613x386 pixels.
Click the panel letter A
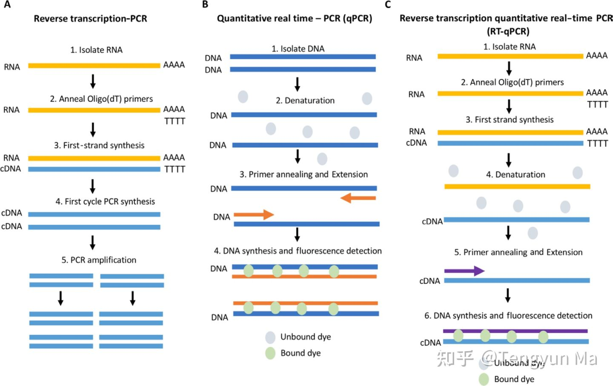(x=7, y=5)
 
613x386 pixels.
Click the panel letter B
(x=205, y=5)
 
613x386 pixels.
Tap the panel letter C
(x=387, y=5)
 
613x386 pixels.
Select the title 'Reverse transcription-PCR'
(x=90, y=19)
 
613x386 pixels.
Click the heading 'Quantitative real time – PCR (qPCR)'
(x=294, y=19)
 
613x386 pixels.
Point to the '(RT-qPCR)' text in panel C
(x=508, y=31)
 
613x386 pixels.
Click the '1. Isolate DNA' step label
(x=298, y=49)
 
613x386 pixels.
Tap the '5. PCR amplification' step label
(x=99, y=260)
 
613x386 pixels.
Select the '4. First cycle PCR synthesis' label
(x=105, y=201)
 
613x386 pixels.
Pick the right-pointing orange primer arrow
(x=254, y=214)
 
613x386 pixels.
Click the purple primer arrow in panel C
(x=464, y=271)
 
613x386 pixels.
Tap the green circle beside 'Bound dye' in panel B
(x=270, y=353)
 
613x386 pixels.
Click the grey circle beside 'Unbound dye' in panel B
(x=270, y=337)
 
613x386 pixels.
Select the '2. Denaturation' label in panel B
(x=305, y=100)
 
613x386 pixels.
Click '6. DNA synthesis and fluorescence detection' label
(x=508, y=316)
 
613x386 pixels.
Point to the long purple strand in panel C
(x=515, y=331)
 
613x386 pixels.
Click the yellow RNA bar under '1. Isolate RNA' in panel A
(x=94, y=66)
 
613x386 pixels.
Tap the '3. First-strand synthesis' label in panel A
(x=99, y=146)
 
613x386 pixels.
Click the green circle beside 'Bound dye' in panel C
(x=484, y=379)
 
